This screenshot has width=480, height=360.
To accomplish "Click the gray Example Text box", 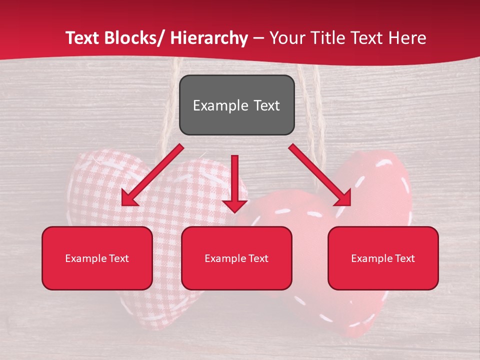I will [236, 105].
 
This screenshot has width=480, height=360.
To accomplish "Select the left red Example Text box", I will [97, 258].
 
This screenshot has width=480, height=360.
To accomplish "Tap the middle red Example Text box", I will [236, 258].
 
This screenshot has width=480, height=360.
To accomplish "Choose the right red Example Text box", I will [383, 258].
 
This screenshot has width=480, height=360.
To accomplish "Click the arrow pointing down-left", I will [152, 175].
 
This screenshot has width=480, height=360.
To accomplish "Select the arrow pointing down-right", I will [320, 175].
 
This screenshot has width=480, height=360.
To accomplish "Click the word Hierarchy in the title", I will [209, 38].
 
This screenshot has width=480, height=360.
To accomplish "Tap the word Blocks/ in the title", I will [137, 38].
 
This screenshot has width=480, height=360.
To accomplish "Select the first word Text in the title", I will [83, 38].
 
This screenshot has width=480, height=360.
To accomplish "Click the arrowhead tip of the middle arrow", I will [234, 212].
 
